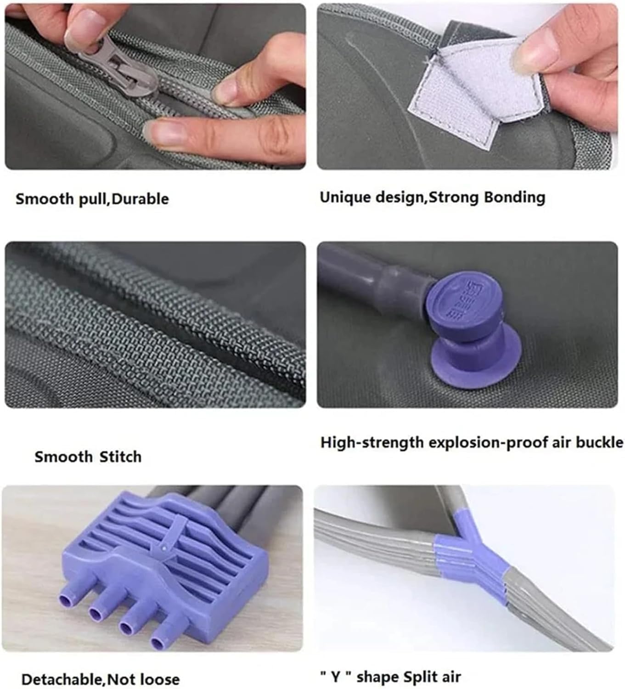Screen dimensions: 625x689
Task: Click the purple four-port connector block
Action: tap(165, 570)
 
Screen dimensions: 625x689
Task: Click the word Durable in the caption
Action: tap(140, 199)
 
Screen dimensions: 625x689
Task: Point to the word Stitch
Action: tap(120, 457)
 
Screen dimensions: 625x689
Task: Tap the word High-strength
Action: tap(372, 443)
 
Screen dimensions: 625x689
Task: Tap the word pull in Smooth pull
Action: tap(92, 200)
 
